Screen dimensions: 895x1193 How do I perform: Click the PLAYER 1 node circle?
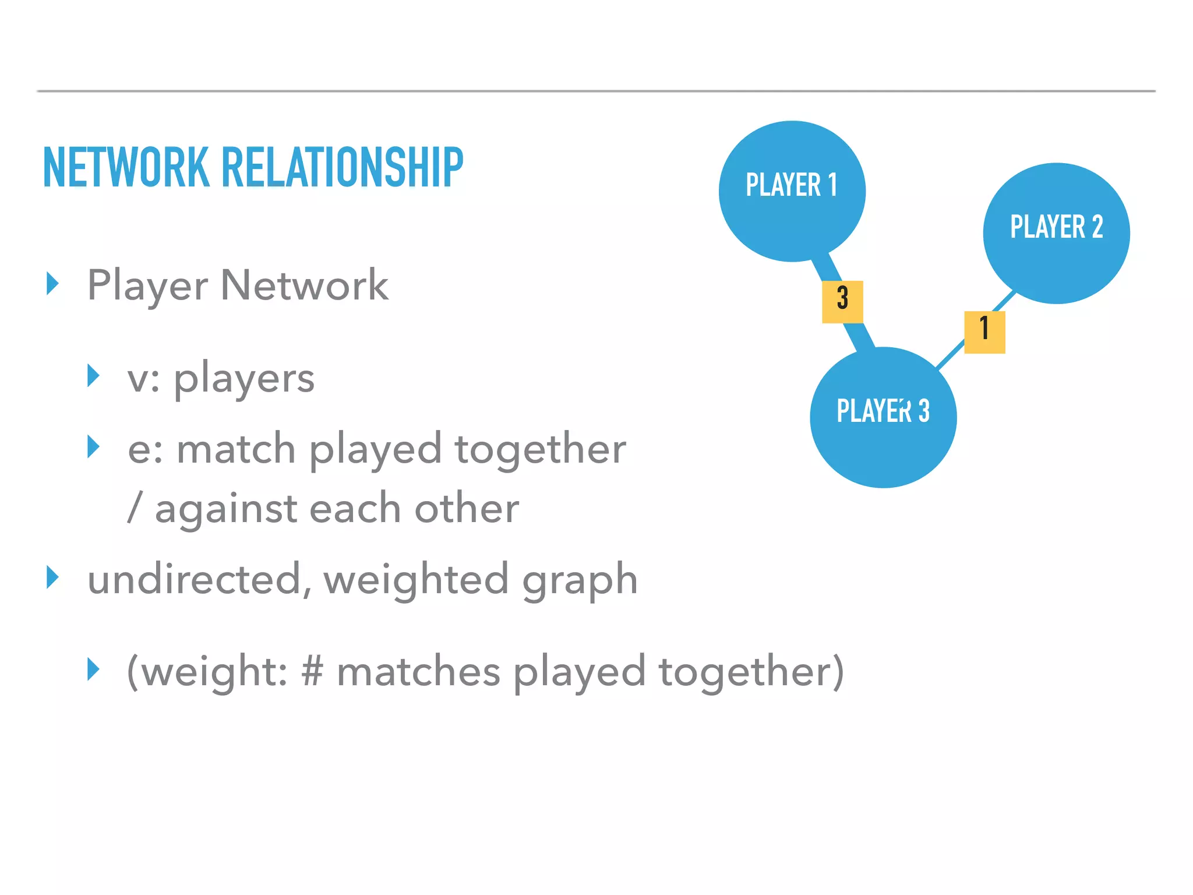[x=792, y=191]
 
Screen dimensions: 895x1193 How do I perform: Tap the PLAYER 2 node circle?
[x=1056, y=233]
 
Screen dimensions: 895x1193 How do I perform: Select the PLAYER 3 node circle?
[x=883, y=417]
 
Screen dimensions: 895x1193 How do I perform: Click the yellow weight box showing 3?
[x=842, y=302]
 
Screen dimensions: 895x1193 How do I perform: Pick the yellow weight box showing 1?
[x=984, y=332]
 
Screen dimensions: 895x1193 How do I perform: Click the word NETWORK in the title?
[x=126, y=168]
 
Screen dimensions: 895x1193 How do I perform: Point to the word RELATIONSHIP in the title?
[x=342, y=168]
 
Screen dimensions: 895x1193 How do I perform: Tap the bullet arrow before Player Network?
[x=53, y=284]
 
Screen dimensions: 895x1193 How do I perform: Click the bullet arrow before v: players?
[x=93, y=376]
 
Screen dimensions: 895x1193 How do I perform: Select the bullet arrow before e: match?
[x=93, y=447]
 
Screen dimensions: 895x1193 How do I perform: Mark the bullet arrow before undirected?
[x=53, y=577]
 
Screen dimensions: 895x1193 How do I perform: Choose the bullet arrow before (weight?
[x=93, y=669]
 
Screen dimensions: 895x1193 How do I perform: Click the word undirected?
[x=194, y=579]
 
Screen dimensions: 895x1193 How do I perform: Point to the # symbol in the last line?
[x=312, y=671]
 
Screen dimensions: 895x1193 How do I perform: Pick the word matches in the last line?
[x=418, y=671]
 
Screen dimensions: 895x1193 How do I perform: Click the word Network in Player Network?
[x=304, y=286]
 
